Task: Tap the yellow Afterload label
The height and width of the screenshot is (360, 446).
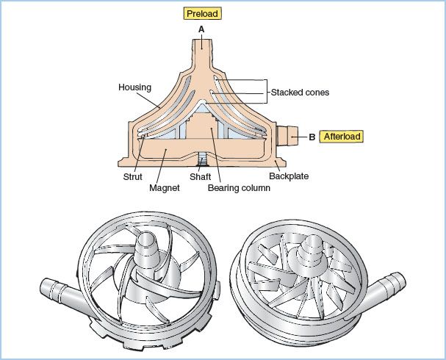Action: point(339,136)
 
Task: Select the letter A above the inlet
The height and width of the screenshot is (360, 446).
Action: point(201,29)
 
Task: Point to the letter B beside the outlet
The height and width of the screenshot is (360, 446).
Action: point(312,137)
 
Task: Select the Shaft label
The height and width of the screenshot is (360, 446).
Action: point(201,177)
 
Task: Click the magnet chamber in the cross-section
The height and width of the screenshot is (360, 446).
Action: point(169,152)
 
